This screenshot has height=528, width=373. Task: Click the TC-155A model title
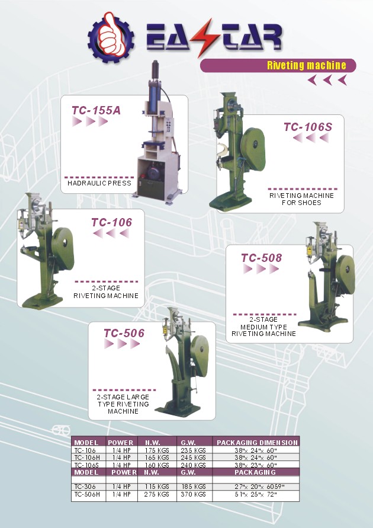point(96,110)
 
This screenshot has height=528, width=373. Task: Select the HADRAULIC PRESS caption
point(99,183)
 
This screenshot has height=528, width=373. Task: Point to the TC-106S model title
point(307,127)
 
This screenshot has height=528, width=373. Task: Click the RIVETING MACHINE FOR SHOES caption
point(301,199)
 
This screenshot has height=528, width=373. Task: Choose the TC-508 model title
point(261,258)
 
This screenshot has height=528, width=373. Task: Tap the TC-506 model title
point(124,333)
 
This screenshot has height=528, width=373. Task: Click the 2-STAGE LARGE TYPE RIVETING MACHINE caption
point(123,404)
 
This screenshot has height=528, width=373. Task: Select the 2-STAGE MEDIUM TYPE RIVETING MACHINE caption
point(263,327)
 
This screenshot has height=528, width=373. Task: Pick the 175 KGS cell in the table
point(157,450)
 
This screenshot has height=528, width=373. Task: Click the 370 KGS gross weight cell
point(193,494)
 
